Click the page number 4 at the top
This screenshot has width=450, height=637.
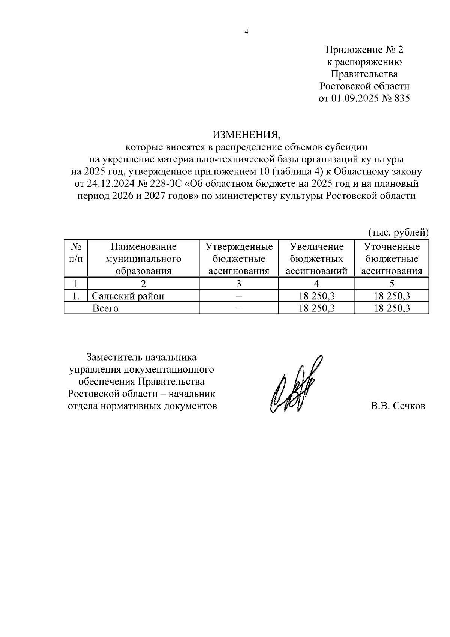click(x=246, y=32)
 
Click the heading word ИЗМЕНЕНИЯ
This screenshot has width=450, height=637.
click(x=246, y=134)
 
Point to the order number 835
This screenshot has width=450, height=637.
click(x=400, y=99)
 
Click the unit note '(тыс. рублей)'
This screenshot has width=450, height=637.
click(x=398, y=233)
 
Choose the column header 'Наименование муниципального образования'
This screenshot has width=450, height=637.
click(x=143, y=259)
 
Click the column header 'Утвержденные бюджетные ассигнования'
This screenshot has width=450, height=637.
click(x=239, y=259)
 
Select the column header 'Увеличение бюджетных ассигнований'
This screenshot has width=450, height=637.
click(x=316, y=259)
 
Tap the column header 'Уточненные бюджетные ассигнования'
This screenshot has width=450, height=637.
click(x=391, y=259)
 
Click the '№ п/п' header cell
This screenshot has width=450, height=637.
click(x=76, y=252)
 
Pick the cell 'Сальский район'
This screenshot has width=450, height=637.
click(x=128, y=296)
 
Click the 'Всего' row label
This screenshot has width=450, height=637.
click(x=105, y=308)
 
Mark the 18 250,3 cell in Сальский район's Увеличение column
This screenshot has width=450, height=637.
click(x=316, y=296)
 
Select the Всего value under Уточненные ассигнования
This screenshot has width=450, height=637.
click(x=391, y=308)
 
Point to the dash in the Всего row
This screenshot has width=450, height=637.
click(x=239, y=308)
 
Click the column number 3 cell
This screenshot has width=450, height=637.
click(x=239, y=284)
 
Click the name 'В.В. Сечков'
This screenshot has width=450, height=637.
click(x=397, y=406)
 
